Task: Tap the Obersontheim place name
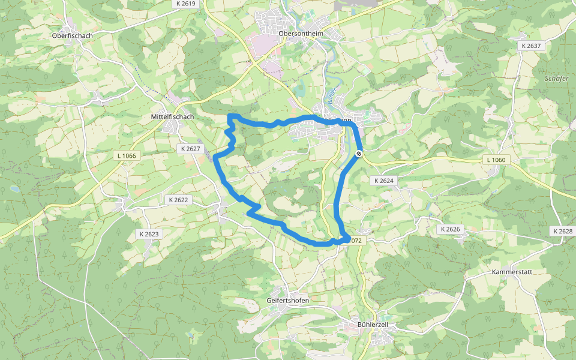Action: [301, 34]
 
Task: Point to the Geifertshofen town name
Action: [287, 300]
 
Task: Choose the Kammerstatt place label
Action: [512, 272]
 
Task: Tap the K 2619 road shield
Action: [187, 4]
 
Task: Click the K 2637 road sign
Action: [531, 46]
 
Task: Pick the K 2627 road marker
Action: [190, 149]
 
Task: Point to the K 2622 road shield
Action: [179, 200]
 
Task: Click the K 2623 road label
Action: [149, 234]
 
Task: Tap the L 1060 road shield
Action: [496, 160]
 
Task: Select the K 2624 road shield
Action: [383, 181]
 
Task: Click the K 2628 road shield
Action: [563, 231]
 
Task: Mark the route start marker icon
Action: [358, 154]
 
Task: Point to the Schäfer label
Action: [556, 79]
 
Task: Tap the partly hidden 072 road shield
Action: [355, 241]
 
